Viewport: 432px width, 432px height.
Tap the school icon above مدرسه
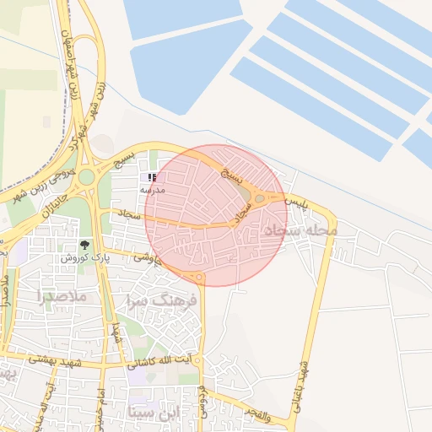pos(152,177)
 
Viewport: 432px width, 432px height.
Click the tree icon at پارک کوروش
pos(84,245)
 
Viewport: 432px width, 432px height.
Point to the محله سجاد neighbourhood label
pos(300,229)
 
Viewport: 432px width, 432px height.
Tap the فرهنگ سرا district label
pos(161,300)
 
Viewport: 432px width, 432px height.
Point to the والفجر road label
pos(252,412)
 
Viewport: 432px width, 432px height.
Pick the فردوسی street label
pos(202,400)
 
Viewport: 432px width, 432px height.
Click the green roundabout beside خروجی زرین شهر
pos(86,176)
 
